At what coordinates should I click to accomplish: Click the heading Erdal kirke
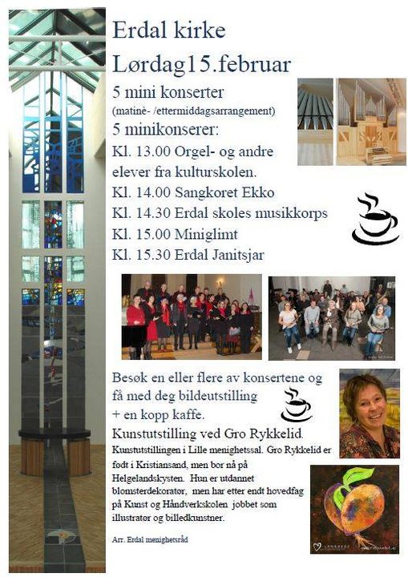168,31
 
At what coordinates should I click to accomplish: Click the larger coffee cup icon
374,220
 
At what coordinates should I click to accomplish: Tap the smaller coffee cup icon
296,406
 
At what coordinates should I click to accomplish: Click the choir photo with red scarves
192,317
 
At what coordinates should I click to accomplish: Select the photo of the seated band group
331,318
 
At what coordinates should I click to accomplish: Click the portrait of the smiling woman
369,414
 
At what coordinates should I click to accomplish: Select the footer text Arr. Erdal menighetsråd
151,539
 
